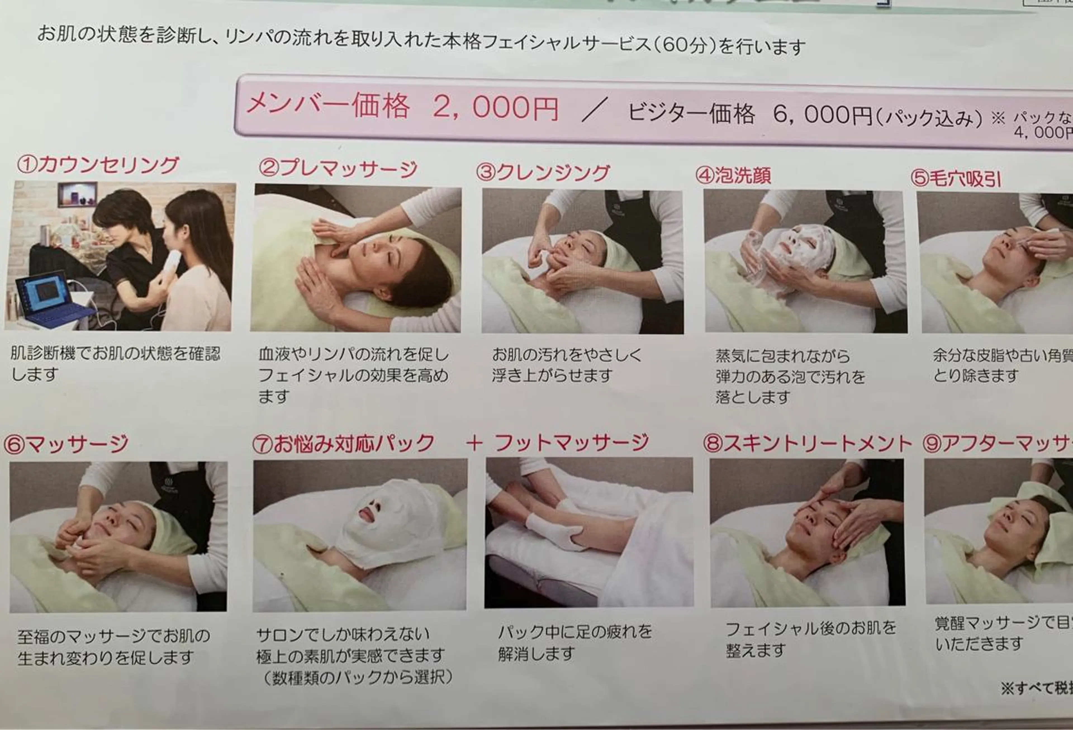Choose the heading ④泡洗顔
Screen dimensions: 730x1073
[x=733, y=175]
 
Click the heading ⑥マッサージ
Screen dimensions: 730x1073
[x=66, y=444]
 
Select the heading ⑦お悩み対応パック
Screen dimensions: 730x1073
[x=343, y=444]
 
